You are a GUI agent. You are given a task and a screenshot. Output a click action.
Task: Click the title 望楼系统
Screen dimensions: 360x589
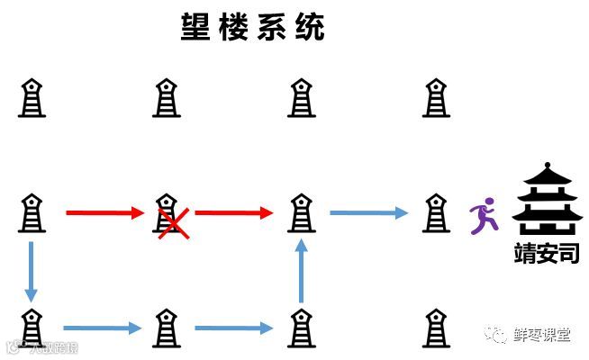[x=253, y=26]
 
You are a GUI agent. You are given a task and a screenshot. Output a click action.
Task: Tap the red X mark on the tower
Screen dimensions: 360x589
[x=173, y=220]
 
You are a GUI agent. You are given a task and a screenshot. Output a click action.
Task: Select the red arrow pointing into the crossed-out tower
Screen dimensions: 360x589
[x=105, y=213]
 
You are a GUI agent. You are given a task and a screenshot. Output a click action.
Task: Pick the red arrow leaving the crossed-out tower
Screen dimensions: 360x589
[x=234, y=213]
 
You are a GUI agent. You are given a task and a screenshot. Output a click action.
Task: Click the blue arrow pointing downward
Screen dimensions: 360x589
[x=32, y=271]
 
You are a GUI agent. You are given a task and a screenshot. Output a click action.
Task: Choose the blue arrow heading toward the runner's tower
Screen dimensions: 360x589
[x=367, y=213]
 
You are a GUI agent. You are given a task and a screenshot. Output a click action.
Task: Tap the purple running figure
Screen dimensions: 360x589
[x=483, y=215]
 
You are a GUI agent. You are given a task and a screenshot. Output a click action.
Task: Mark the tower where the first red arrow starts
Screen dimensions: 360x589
[x=32, y=212]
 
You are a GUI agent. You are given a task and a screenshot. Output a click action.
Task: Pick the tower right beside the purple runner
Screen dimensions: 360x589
[x=436, y=212]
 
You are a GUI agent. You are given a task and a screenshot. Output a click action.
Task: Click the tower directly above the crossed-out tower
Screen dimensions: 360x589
[x=166, y=97]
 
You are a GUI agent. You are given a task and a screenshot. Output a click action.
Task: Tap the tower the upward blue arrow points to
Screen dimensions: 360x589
[x=301, y=212]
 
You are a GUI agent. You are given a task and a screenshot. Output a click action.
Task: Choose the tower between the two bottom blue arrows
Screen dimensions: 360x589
[x=166, y=328]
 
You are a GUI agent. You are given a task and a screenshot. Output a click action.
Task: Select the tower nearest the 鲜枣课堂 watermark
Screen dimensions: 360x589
[x=436, y=328]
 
